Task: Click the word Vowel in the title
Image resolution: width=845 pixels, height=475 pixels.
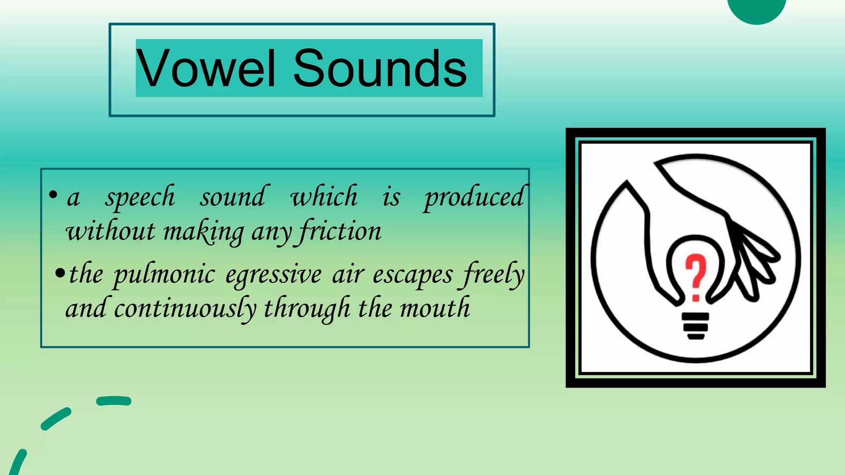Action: [x=205, y=68]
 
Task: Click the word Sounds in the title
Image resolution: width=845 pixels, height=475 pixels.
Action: [x=380, y=68]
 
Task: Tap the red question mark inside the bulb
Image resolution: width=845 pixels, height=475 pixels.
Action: [x=696, y=276]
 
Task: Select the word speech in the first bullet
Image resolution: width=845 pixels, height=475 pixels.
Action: [x=140, y=197]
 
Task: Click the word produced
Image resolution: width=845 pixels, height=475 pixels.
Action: [x=474, y=197]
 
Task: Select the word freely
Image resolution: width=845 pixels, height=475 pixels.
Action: [x=493, y=275]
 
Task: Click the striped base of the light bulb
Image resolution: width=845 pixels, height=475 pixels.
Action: [x=696, y=326]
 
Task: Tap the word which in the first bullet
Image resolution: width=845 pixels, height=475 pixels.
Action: [x=324, y=196]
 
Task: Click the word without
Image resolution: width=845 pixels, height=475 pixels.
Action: [x=111, y=231]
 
